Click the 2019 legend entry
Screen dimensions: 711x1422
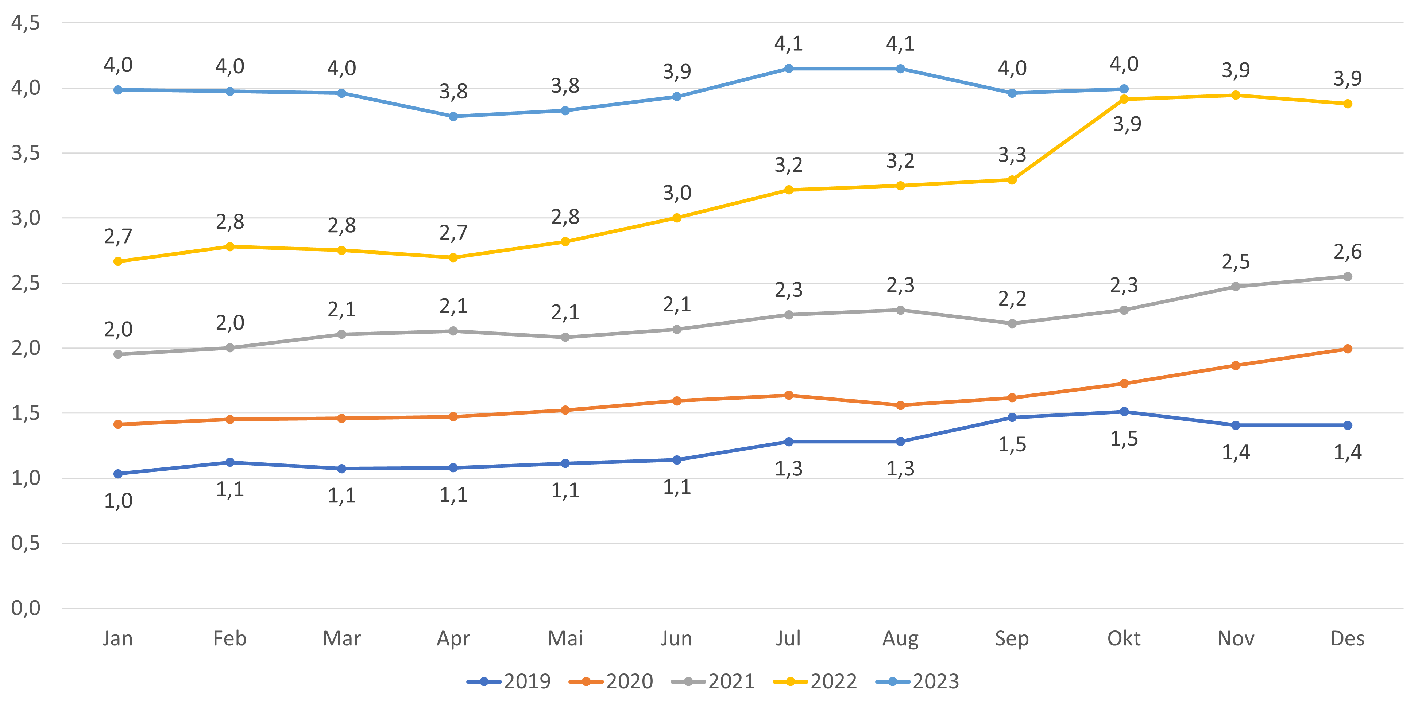pos(509,682)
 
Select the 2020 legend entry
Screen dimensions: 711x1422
pos(611,682)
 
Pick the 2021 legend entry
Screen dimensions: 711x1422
pos(713,682)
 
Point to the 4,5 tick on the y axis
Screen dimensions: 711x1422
pos(26,23)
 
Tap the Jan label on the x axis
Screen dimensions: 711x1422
pos(117,639)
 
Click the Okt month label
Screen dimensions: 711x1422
pos(1124,639)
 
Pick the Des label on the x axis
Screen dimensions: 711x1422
pos(1348,639)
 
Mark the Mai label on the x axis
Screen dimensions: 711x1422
pos(565,639)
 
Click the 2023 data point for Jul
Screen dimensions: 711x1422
pos(788,69)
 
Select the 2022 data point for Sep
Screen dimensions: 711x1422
pos(1012,180)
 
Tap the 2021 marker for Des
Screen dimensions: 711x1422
pos(1348,276)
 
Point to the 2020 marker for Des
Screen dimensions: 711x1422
pos(1348,349)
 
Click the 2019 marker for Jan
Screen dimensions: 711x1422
pos(117,474)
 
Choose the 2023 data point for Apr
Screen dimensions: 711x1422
pos(453,116)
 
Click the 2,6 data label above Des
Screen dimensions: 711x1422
pos(1348,252)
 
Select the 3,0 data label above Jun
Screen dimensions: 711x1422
pos(677,193)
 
